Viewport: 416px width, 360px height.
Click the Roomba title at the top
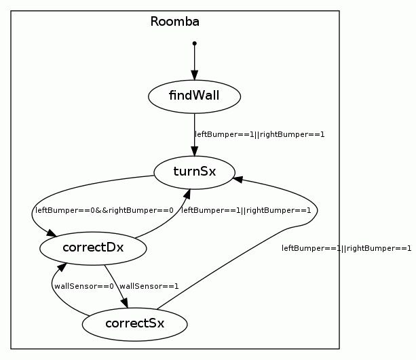174,22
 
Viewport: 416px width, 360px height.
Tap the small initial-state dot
195,43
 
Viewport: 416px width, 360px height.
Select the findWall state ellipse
195,96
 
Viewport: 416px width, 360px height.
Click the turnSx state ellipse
195,172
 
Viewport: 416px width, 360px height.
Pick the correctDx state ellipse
93,247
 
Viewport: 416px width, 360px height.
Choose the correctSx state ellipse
134,323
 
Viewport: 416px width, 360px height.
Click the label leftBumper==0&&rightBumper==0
105,210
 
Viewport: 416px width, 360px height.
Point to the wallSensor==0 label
84,286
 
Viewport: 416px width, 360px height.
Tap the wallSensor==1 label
149,286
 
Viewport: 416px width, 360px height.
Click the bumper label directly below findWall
260,134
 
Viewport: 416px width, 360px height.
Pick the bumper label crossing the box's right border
346,248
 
